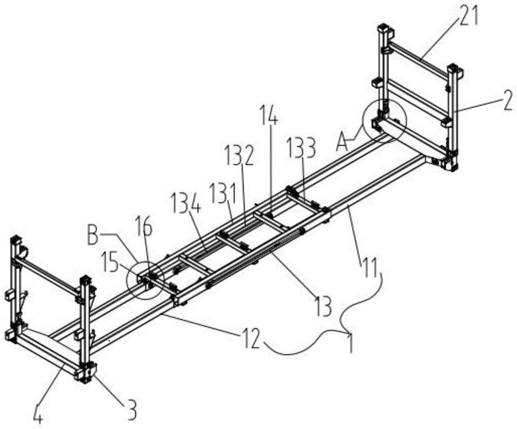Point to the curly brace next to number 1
click(344, 325)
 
